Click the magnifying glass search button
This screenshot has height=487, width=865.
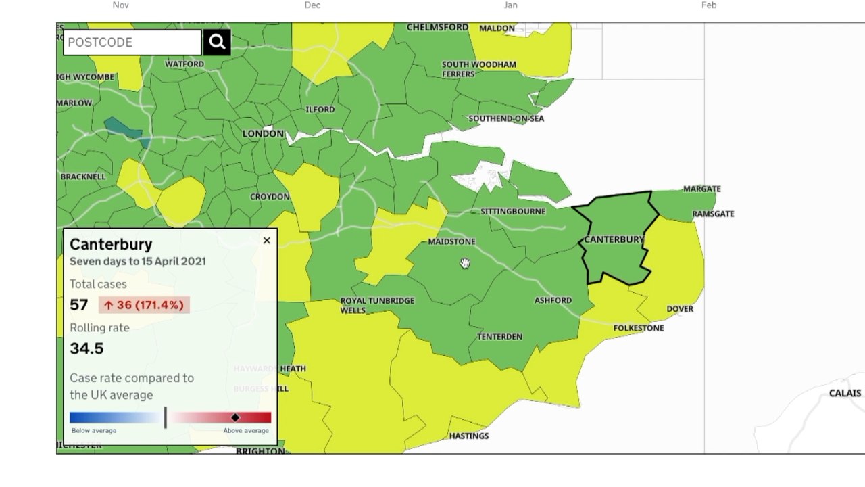coord(217,42)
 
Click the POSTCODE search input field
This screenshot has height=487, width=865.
coord(132,42)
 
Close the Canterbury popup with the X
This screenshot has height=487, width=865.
coord(267,240)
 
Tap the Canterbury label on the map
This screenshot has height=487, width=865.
coord(614,239)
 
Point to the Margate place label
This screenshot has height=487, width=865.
coord(701,189)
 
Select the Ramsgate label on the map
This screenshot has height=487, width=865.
coord(713,214)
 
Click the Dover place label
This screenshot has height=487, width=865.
coord(680,309)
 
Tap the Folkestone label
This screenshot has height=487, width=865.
coord(639,328)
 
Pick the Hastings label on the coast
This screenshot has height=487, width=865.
coord(469,436)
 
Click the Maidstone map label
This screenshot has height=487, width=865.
coord(451,241)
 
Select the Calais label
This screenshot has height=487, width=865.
coord(845,393)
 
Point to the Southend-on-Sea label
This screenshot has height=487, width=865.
coord(506,118)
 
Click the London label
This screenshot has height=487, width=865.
coord(263,133)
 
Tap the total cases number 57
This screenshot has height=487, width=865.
coord(79,305)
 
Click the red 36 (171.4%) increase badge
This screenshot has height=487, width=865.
coord(144,305)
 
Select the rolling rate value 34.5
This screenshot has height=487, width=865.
coord(86,348)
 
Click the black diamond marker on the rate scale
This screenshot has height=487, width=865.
coord(235,417)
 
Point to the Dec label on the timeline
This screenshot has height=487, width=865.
coord(312,5)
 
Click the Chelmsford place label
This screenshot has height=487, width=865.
coord(437,27)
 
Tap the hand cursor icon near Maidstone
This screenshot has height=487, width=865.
coord(465,263)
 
